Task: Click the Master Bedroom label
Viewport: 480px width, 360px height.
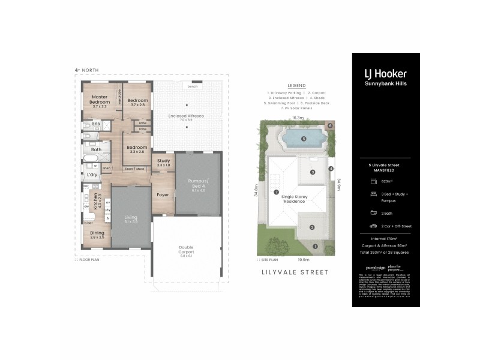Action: [x=100, y=100]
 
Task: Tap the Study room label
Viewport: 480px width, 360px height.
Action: [x=164, y=161]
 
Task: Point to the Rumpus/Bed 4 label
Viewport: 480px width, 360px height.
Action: [x=198, y=183]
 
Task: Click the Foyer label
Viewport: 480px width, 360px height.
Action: [x=163, y=194]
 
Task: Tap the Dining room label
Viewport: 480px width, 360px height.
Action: [x=97, y=233]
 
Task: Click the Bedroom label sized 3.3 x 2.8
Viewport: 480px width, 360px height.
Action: [x=137, y=148]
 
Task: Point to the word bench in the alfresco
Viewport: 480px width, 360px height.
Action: [x=193, y=87]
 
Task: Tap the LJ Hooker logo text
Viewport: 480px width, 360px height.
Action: [x=385, y=74]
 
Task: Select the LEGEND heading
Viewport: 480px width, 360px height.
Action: [x=296, y=86]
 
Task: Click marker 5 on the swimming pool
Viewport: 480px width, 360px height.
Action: [x=304, y=139]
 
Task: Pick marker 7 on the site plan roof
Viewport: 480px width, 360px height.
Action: [x=276, y=192]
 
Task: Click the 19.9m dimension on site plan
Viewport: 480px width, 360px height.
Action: [x=303, y=260]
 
